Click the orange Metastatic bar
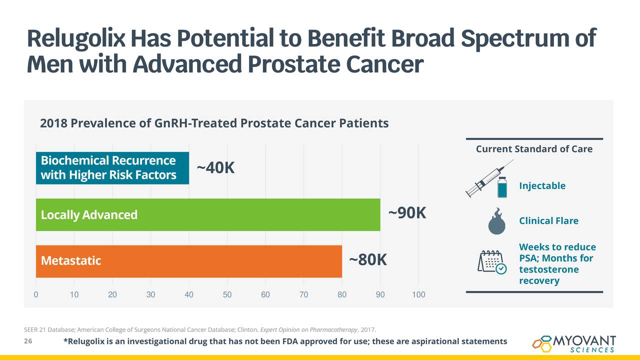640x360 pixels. (188, 261)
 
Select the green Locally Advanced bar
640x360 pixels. (207, 214)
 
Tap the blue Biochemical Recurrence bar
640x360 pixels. (112, 167)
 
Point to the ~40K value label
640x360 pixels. (215, 168)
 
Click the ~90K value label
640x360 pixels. (407, 213)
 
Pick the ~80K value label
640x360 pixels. (367, 260)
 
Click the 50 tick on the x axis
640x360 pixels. (227, 294)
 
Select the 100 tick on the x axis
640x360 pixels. (418, 294)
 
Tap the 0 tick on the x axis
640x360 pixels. (36, 294)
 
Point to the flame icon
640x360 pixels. (497, 221)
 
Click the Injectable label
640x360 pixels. (542, 186)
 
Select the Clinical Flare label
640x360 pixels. (548, 221)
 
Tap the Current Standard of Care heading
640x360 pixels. (534, 149)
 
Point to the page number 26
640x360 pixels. (28, 341)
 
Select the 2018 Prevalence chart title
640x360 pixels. (214, 123)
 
